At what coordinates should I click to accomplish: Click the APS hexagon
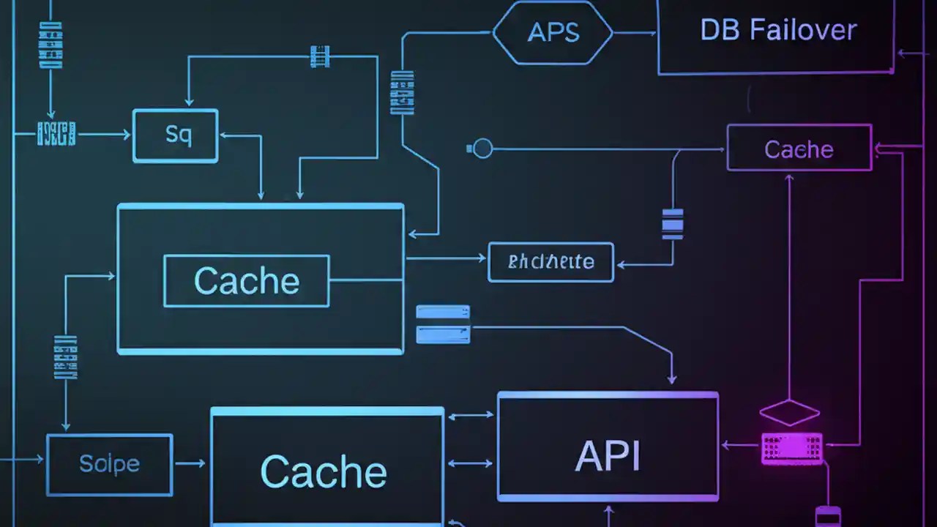[553, 33]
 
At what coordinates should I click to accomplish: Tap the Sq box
[176, 135]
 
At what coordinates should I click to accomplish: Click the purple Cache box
[799, 149]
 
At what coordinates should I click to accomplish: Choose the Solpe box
[109, 464]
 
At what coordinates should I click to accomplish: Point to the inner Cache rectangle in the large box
[247, 281]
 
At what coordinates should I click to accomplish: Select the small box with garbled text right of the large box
[550, 262]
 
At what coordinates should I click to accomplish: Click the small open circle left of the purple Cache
[482, 149]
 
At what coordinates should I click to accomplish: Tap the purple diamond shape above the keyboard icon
[789, 412]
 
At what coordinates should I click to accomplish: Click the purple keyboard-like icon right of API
[791, 448]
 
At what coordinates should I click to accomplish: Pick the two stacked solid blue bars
[443, 324]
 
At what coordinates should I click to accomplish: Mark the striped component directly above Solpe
[66, 357]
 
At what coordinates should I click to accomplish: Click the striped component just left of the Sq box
[56, 134]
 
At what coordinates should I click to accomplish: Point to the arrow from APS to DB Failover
[635, 33]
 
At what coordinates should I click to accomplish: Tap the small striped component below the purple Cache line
[673, 224]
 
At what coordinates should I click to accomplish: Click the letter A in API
[588, 456]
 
